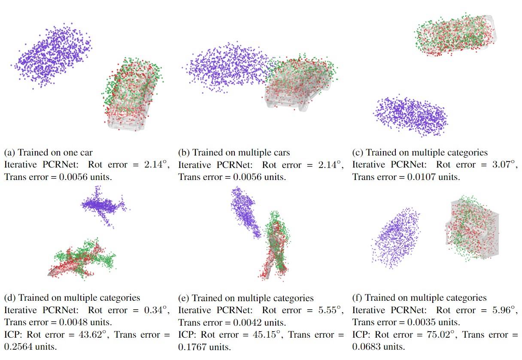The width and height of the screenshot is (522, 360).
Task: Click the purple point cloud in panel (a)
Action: tap(54, 56)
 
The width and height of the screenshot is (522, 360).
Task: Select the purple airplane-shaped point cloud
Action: tap(104, 206)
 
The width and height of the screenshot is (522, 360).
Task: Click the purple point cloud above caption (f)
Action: tap(395, 237)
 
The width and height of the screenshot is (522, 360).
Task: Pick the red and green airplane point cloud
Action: tap(82, 260)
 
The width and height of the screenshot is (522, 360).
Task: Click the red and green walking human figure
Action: tap(274, 245)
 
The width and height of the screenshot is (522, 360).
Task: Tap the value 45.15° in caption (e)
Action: tap(264, 335)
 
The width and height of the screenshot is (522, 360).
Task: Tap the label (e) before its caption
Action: tap(183, 298)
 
